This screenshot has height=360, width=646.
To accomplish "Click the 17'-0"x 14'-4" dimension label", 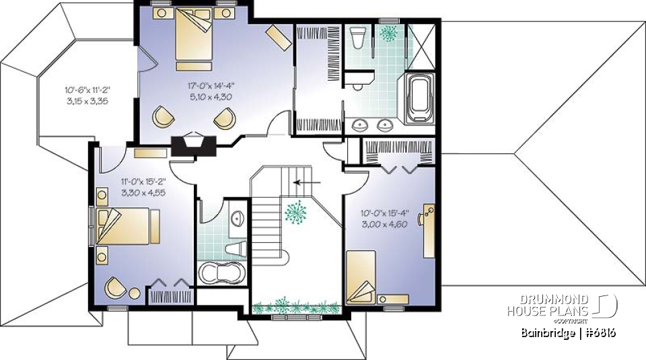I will (211, 85).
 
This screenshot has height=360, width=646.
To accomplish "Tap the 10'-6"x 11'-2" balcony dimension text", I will (87, 89).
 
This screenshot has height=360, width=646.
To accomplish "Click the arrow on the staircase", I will (309, 181).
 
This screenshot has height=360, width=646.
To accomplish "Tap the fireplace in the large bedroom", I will (190, 146).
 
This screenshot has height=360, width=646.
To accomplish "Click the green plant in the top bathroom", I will (388, 32).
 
